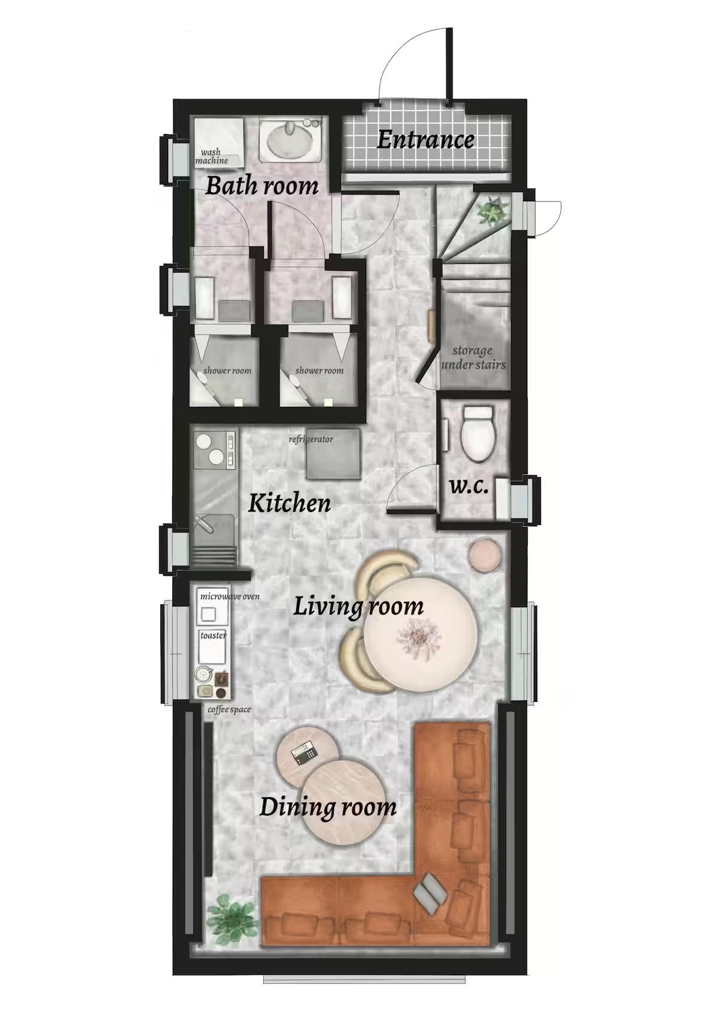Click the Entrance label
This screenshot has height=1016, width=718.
(x=425, y=139)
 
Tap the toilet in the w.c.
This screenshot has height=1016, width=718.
(x=477, y=434)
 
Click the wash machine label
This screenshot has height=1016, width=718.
(x=212, y=157)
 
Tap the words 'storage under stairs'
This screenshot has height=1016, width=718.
(x=473, y=357)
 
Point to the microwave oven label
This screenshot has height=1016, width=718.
(x=230, y=596)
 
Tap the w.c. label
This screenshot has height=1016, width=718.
(x=469, y=487)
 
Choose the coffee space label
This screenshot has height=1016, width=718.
(x=229, y=710)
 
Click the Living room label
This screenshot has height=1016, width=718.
(x=358, y=607)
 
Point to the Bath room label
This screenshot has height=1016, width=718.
(x=261, y=187)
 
